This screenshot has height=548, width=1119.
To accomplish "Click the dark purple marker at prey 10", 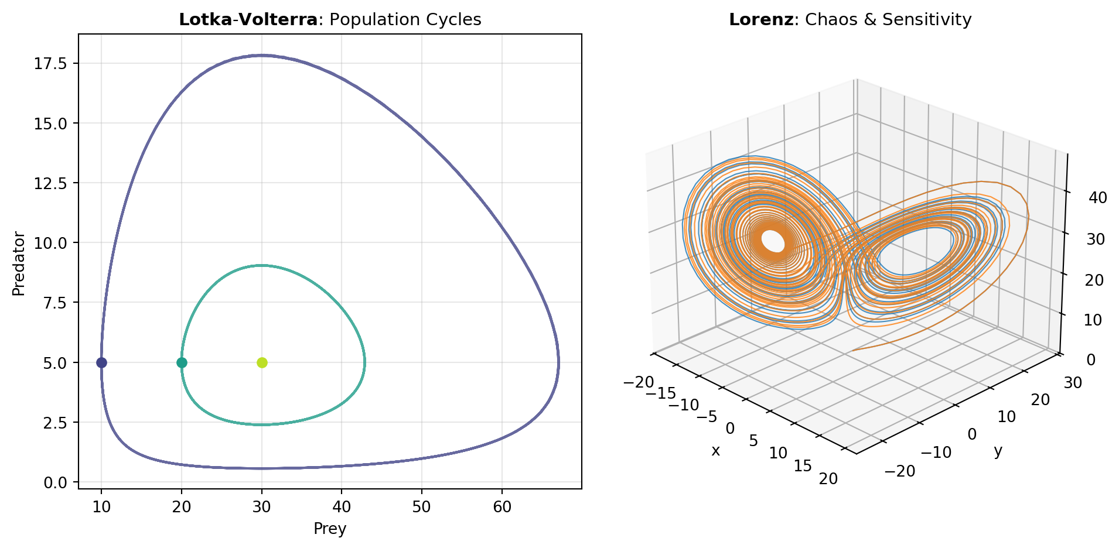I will tap(101, 362).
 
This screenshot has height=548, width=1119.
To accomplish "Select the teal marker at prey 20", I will tap(182, 362).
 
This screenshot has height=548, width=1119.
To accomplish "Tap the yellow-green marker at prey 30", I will tap(262, 362).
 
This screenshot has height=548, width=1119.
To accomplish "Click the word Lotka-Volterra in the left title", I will tap(248, 20).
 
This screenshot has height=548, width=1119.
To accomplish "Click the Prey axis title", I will tap(330, 529).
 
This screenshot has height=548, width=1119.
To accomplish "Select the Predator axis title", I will tap(19, 264).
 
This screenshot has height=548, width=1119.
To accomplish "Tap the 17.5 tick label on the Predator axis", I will tap(50, 63).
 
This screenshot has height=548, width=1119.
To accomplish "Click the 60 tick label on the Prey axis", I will tap(502, 507).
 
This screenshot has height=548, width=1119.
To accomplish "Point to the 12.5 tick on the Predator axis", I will tap(50, 183).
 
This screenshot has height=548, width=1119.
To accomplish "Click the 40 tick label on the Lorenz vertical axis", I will tap(1097, 198).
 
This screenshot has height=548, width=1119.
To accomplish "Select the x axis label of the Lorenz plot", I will tap(715, 451).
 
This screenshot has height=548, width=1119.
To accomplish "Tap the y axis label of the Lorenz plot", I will tap(998, 451).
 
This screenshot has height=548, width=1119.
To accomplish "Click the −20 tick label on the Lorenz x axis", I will tap(639, 382).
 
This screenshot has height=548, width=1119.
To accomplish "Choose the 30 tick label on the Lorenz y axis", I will tap(1073, 383).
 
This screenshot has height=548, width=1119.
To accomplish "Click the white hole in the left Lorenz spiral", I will tap(773, 241).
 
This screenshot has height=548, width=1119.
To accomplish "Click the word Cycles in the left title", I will tap(456, 20).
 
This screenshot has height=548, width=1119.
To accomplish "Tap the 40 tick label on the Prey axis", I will tap(342, 507).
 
